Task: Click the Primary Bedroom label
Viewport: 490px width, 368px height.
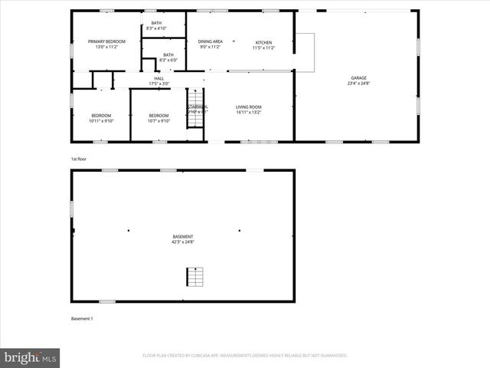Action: [106, 41]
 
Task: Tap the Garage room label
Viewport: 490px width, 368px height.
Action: [358, 77]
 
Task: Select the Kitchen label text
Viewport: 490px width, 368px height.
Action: [263, 42]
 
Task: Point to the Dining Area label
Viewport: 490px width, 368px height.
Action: [210, 41]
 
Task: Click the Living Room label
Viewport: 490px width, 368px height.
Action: [248, 107]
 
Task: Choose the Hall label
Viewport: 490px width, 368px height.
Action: [159, 78]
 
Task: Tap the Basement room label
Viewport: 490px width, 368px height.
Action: [183, 236]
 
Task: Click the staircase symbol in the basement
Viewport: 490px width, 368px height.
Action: [196, 276]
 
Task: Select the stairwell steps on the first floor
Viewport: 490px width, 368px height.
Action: [197, 120]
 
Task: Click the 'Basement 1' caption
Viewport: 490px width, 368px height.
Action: [82, 318]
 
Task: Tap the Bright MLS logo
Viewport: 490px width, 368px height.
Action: [31, 357]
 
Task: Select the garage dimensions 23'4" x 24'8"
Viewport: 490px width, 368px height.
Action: [358, 83]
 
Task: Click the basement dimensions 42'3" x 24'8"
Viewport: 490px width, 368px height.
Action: [183, 242]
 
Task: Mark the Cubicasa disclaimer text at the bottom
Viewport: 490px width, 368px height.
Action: [245, 356]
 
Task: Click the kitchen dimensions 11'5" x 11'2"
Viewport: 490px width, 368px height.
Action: [263, 48]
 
